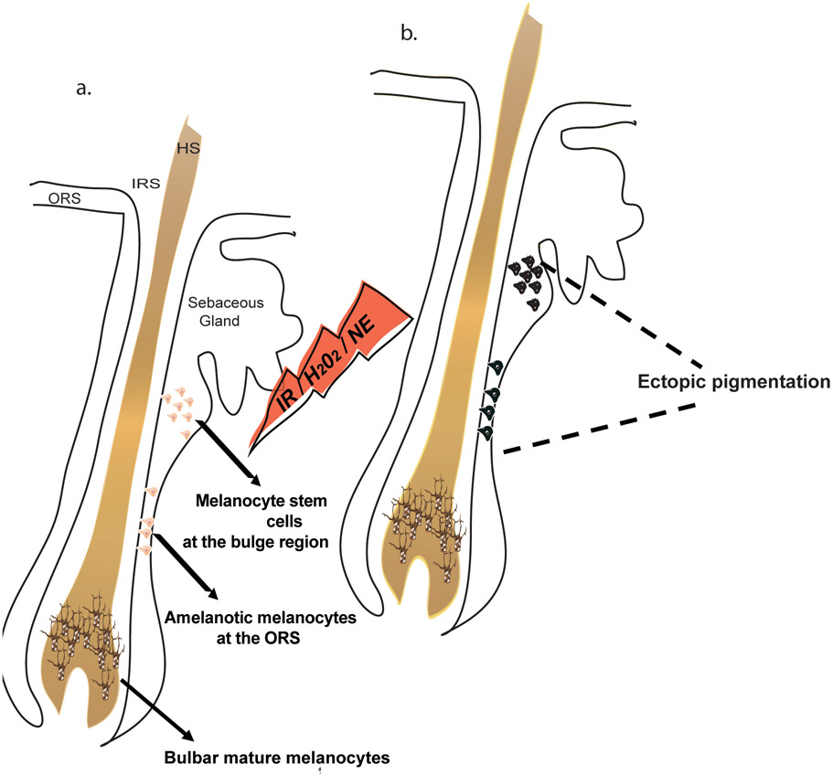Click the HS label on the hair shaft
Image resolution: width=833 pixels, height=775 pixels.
pyautogui.click(x=188, y=148)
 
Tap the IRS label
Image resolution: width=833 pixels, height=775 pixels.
pyautogui.click(x=146, y=184)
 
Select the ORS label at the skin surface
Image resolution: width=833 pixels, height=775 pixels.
pyautogui.click(x=64, y=198)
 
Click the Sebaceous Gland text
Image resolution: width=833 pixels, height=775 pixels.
pyautogui.click(x=226, y=312)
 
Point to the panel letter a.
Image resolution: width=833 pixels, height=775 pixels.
pyautogui.click(x=84, y=89)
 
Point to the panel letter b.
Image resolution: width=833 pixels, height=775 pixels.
pyautogui.click(x=409, y=34)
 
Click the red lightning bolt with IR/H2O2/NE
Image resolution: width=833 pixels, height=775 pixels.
pyautogui.click(x=329, y=366)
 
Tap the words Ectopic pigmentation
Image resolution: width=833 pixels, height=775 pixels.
pyautogui.click(x=733, y=382)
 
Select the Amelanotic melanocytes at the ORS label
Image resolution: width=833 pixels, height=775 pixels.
pyautogui.click(x=261, y=628)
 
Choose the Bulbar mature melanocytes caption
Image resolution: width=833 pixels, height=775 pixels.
pyautogui.click(x=277, y=758)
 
